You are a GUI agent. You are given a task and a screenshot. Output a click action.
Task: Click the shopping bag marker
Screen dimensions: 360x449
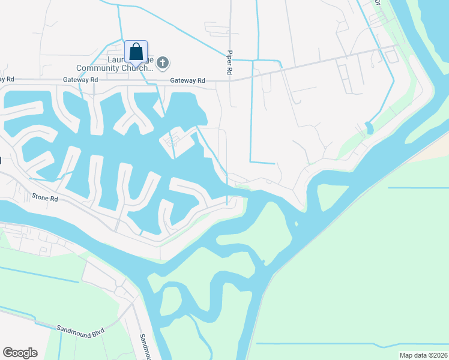136,52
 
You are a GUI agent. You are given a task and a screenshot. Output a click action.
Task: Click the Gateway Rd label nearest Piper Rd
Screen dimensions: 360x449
187,80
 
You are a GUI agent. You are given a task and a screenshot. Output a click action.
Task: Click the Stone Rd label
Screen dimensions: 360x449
45,197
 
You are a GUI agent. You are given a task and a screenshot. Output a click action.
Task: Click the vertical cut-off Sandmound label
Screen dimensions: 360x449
144,346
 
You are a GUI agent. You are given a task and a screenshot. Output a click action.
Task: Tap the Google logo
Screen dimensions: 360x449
20,353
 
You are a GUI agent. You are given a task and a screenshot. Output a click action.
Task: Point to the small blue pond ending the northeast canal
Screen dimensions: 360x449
369,128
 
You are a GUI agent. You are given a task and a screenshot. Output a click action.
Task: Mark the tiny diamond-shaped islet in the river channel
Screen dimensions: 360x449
296,225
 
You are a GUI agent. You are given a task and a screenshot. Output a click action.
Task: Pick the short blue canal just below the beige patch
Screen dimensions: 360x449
418,188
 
